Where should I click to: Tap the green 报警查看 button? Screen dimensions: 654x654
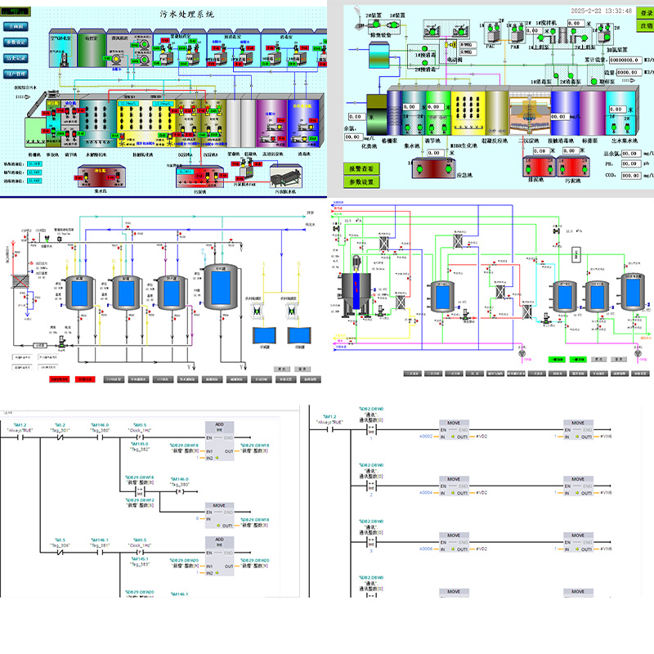point(361,168)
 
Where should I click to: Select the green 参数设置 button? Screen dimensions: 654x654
point(361,181)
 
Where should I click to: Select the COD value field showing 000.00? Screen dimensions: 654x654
point(630,175)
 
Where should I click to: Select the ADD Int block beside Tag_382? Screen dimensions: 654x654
point(217,441)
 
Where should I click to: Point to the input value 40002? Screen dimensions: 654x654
point(425,437)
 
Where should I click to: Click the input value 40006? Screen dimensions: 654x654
point(425,549)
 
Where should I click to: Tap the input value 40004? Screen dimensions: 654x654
point(425,493)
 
